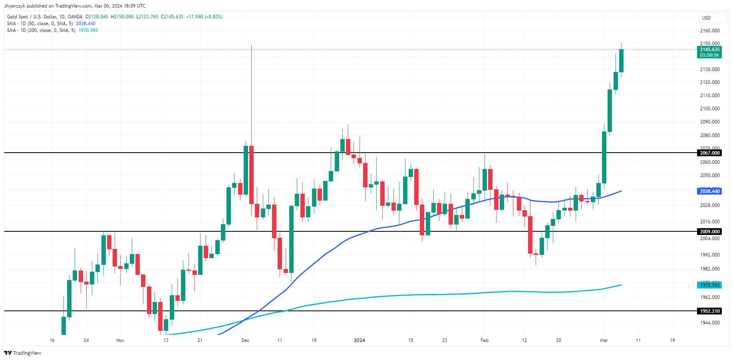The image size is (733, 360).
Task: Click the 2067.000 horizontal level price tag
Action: coord(709,153)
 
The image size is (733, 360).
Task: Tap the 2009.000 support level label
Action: coord(709,232)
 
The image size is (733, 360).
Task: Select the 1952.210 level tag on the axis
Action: coord(709,311)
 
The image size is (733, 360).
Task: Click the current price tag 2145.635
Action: coord(709,50)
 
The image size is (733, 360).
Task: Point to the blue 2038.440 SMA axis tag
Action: coord(709,191)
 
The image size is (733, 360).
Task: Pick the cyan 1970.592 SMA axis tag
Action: coord(709,285)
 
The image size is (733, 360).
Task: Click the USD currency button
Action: coord(712,18)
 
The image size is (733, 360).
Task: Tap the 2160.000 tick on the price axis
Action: coord(710,31)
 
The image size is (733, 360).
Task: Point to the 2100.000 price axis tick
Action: coord(710,109)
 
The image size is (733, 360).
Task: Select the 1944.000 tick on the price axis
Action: coord(710,323)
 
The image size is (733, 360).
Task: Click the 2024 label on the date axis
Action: coord(360,340)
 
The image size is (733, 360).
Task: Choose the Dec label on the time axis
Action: coord(245,340)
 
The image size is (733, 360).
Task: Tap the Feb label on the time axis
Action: coord(484,340)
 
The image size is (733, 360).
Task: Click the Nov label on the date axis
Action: coord(120,340)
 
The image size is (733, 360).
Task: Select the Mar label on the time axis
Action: coord(604,340)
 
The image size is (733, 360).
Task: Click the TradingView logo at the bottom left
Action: coord(23,353)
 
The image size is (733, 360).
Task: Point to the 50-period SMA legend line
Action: coord(51,24)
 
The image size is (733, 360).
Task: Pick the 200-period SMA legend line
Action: coord(52,30)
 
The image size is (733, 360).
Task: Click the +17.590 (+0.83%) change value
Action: coord(204,17)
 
